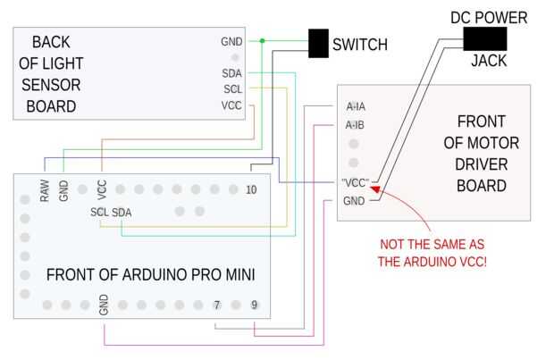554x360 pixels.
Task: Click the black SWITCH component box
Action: (x=318, y=44)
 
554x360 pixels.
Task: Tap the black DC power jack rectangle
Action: (x=485, y=38)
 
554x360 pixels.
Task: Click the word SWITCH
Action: (x=360, y=44)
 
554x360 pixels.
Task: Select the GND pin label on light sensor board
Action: (x=231, y=41)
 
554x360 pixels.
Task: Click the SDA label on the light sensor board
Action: (x=231, y=73)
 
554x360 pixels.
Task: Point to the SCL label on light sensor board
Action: (x=232, y=89)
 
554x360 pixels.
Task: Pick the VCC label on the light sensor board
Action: (x=231, y=105)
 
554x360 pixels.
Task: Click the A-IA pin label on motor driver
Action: (x=355, y=106)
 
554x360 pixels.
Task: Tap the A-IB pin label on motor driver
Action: (x=355, y=125)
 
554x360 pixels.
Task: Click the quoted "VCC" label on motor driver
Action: (x=355, y=182)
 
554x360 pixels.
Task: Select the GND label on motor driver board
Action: (x=354, y=201)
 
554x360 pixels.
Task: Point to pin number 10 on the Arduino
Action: (x=251, y=189)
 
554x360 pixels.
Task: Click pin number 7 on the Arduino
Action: (x=216, y=306)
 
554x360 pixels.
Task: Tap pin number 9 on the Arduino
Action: (x=255, y=306)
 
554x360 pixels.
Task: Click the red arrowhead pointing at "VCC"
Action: (x=376, y=188)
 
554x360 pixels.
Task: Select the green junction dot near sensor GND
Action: (x=262, y=40)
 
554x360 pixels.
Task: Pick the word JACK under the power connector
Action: (x=489, y=62)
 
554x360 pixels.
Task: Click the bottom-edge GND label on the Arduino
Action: (x=104, y=305)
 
